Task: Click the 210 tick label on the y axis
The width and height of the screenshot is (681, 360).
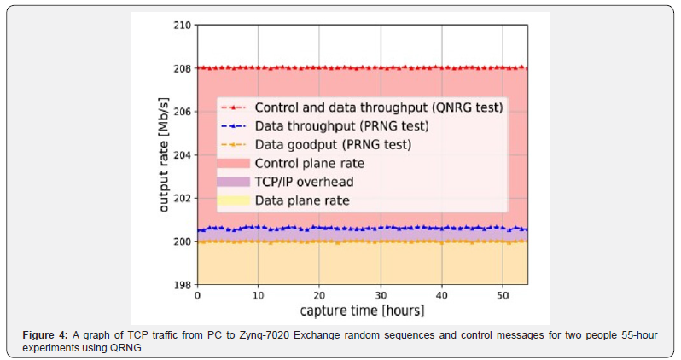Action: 181,25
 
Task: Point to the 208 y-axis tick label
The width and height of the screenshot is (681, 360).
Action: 181,68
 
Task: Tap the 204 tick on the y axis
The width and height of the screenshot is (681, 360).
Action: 181,155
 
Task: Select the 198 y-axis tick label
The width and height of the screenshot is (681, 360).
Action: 181,285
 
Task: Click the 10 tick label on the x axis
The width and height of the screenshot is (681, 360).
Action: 258,295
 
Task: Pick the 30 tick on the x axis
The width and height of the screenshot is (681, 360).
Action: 380,295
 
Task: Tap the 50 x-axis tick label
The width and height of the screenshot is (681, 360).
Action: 502,295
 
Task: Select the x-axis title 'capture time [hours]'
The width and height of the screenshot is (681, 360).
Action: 362,310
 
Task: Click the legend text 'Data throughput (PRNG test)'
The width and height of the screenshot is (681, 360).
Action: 341,126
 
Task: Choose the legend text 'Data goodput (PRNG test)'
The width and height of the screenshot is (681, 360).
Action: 333,145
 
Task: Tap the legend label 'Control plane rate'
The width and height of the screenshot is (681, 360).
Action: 310,164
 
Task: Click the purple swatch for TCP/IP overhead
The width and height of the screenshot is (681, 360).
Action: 234,183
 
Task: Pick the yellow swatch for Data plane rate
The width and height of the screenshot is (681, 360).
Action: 234,201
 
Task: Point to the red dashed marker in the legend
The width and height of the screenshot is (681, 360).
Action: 234,108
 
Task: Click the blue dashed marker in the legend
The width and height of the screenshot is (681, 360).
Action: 234,126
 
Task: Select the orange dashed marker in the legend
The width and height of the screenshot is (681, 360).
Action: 234,145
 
